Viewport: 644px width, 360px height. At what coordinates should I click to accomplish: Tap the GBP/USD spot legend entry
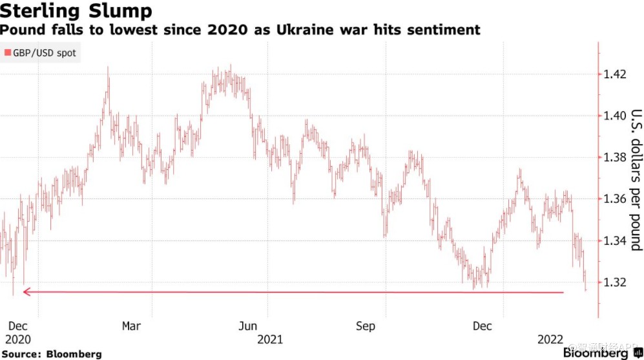pos(40,52)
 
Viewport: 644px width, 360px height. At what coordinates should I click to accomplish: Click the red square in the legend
pos(7,52)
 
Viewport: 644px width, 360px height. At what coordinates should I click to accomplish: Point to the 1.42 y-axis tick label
pos(614,74)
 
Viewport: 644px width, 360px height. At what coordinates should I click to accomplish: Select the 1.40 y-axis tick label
pos(614,116)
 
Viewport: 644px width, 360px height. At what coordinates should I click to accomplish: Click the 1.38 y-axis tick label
pos(614,157)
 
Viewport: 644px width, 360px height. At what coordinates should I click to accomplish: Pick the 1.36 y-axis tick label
pos(614,199)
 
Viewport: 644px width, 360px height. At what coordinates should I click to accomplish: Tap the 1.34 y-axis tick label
pos(614,240)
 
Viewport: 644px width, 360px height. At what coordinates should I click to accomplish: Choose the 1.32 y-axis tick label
pos(614,282)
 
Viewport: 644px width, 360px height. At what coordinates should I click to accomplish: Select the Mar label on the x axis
pos(131,326)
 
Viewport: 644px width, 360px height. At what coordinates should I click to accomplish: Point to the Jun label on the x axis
pos(247,326)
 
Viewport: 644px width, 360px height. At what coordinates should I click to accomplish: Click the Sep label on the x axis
pos(366,326)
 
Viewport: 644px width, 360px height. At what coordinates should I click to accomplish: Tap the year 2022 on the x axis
pos(550,339)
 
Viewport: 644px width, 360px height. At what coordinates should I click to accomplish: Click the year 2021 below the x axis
pos(270,339)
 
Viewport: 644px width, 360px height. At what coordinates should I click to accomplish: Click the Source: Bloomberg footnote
pos(51,354)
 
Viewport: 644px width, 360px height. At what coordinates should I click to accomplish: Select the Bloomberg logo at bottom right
pos(603,353)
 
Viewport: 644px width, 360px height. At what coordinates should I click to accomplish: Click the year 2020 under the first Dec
pos(17,339)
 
